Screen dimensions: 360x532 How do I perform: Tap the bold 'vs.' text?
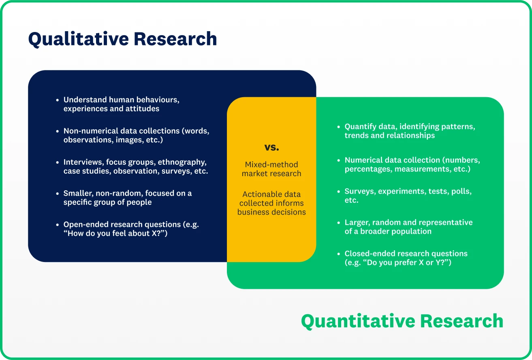pyautogui.click(x=271, y=147)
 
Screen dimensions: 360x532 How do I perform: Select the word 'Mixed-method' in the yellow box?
pyautogui.click(x=271, y=164)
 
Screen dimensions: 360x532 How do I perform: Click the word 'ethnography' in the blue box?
pyautogui.click(x=182, y=162)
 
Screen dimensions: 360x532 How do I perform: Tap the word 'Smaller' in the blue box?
pyautogui.click(x=77, y=193)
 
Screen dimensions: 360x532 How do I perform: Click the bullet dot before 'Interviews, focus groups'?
pyautogui.click(x=58, y=162)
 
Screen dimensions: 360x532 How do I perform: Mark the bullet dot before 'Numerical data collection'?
pyautogui.click(x=339, y=160)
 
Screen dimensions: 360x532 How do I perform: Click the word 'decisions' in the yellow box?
pyautogui.click(x=289, y=212)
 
